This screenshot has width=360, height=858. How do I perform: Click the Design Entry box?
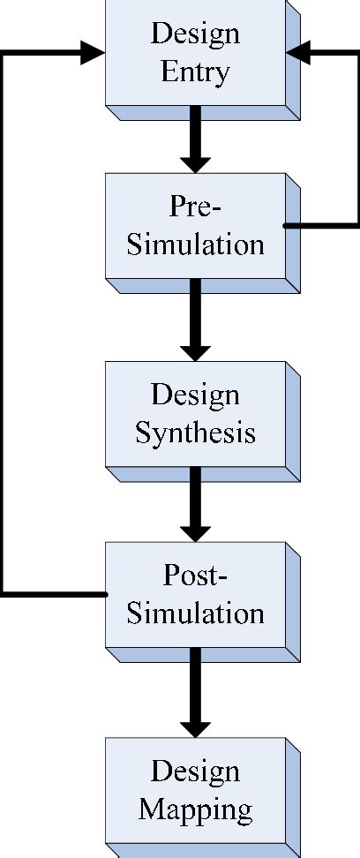point(195,53)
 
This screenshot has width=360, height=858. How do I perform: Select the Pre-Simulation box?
point(195,226)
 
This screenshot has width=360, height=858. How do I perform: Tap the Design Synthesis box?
point(195,413)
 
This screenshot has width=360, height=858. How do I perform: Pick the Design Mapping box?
point(195,790)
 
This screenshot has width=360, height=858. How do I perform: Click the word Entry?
point(195,71)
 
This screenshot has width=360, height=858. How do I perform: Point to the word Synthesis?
point(195,433)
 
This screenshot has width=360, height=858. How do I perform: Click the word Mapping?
point(195,809)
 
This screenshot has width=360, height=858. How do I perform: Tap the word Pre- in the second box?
point(195,207)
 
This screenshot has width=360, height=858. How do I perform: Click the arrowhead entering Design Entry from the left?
point(94,53)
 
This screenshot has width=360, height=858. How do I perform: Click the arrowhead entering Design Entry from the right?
point(298,53)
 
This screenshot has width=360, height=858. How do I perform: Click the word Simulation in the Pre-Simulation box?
point(195,245)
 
